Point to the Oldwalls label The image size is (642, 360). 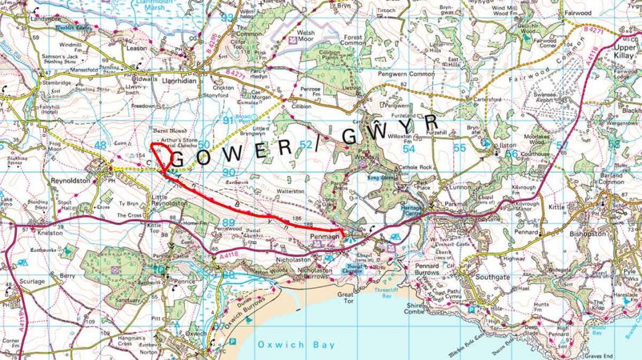tap(146, 80)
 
